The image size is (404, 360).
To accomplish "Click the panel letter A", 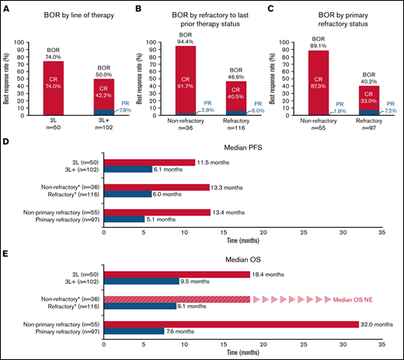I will point(6,7).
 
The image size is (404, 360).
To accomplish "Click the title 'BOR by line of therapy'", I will point(75,9).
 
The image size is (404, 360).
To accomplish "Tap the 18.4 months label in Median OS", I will point(270,274).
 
